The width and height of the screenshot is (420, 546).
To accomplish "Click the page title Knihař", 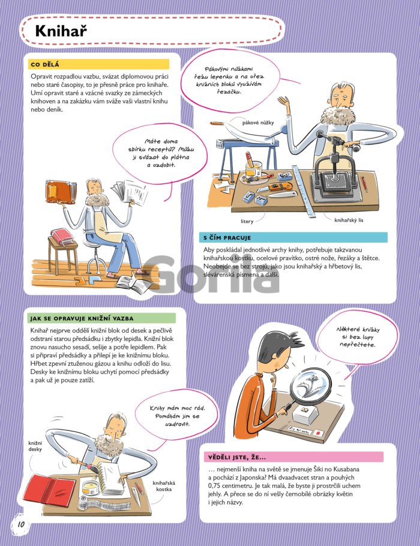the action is point(61,31).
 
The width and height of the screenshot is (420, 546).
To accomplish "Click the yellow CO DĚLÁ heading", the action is point(45,64).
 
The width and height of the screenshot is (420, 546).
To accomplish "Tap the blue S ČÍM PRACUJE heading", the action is point(227,238).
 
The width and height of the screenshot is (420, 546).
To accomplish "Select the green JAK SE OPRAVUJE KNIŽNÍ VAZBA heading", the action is point(82,318).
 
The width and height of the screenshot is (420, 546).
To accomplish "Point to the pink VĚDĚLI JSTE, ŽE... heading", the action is point(237,457).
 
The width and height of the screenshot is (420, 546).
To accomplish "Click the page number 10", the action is point(21,524).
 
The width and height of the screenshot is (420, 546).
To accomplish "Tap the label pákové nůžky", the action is point(258,123).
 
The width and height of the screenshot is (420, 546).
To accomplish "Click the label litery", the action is point(247,221).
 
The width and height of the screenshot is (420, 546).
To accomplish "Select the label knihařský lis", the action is point(349,220).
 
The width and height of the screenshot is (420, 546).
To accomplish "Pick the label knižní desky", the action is point(35,446).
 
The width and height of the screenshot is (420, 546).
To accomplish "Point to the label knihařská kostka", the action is point(164,485).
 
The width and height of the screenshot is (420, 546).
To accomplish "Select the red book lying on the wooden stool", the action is point(62,236).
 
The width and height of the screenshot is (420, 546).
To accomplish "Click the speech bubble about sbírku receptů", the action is point(160,154).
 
